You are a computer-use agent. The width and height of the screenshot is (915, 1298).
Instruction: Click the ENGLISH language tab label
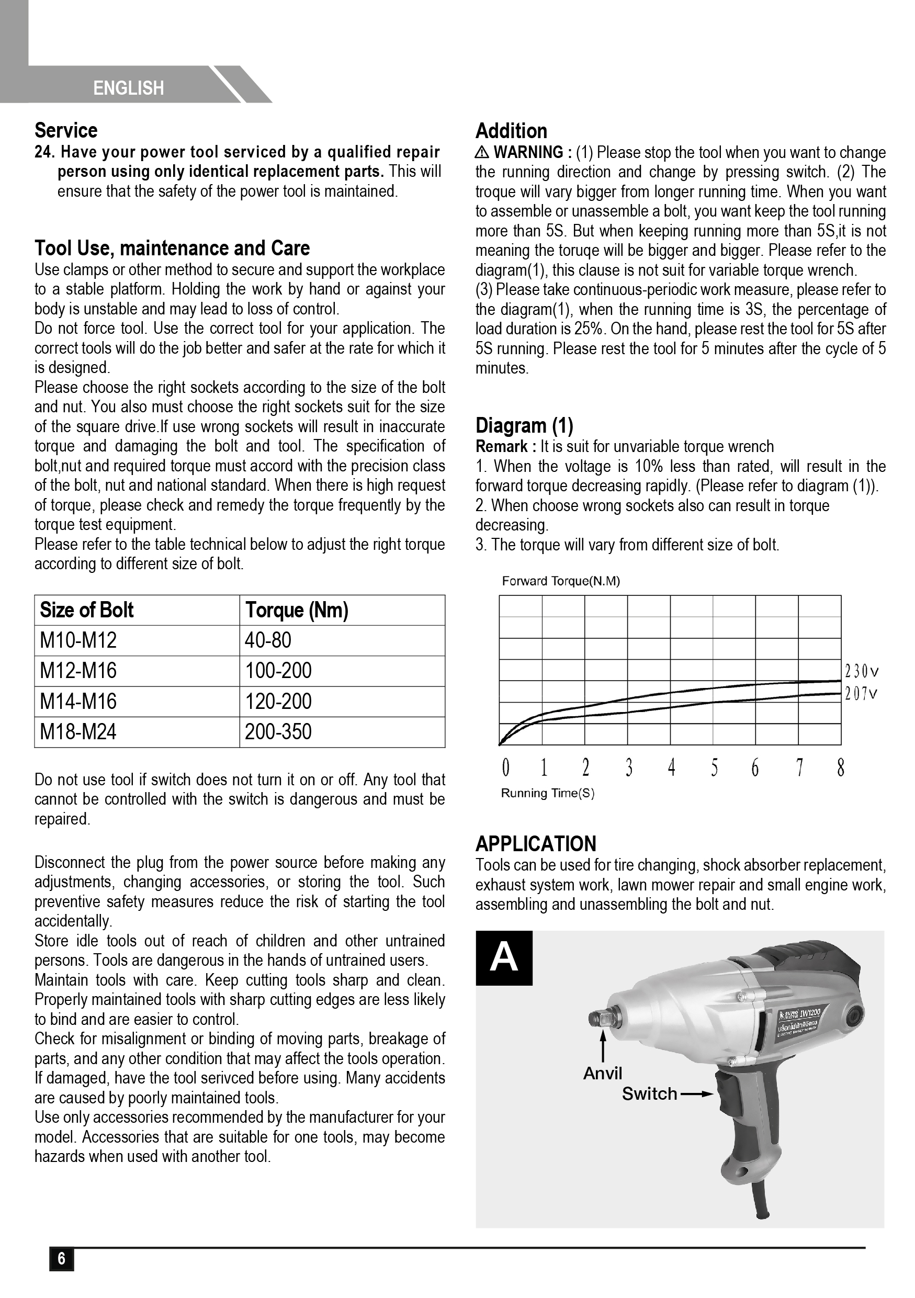tap(128, 88)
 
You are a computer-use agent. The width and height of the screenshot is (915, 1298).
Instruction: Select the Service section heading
tap(66, 131)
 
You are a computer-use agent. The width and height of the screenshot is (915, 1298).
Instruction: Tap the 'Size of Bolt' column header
tap(86, 610)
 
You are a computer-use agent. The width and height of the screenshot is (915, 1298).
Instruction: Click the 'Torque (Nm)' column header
tap(297, 610)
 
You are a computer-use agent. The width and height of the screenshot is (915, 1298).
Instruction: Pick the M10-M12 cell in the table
tap(78, 640)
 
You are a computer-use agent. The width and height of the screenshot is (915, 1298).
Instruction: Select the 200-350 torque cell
tap(278, 732)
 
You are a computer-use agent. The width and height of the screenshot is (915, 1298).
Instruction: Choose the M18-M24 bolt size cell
tap(78, 732)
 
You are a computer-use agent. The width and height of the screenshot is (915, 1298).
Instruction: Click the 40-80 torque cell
tap(268, 640)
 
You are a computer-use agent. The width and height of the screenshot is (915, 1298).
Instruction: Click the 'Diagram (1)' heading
tap(524, 425)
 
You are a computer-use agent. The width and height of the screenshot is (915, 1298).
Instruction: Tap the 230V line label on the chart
tap(861, 672)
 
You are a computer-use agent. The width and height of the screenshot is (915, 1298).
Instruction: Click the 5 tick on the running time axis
tap(714, 767)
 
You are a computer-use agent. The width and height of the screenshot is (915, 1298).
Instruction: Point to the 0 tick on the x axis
tap(505, 767)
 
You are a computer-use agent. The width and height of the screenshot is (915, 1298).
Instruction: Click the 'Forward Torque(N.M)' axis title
tap(561, 581)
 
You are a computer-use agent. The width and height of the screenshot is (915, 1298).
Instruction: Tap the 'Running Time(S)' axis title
tap(548, 793)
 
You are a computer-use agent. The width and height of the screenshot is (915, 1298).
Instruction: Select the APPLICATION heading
tap(536, 843)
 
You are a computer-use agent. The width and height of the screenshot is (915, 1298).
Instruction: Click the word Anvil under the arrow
tap(603, 1074)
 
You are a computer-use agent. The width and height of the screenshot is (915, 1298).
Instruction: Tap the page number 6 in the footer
tap(62, 1258)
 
